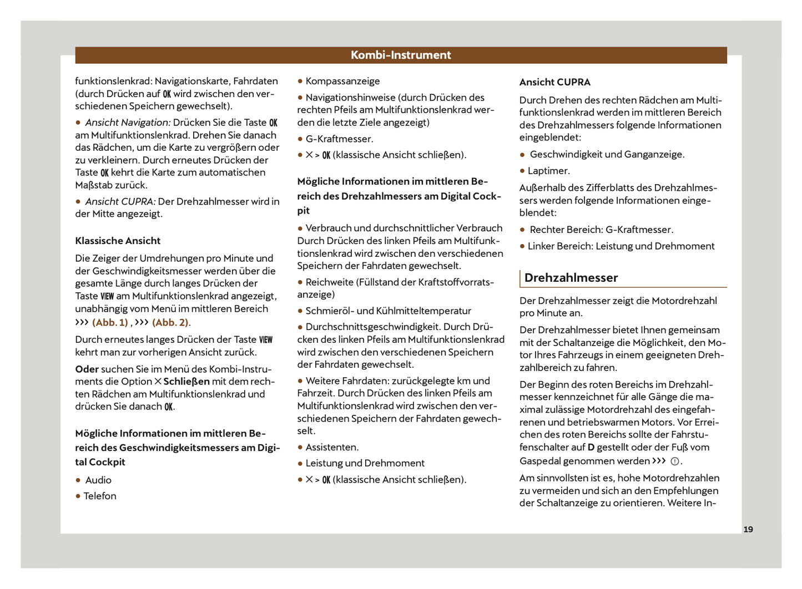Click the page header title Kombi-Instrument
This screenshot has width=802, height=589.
(401, 55)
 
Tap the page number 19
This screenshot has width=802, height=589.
(748, 529)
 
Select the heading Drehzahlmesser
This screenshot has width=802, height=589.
(571, 278)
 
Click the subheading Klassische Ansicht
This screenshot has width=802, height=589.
(118, 241)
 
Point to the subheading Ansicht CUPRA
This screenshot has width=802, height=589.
(554, 82)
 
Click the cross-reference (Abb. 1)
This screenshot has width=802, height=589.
(110, 322)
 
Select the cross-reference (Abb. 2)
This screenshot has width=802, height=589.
(170, 322)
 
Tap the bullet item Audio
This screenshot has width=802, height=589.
(98, 480)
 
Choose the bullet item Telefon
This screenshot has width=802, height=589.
(100, 496)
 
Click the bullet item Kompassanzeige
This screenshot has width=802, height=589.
(342, 81)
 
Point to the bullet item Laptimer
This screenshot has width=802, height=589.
(548, 171)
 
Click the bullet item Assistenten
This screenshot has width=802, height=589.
(332, 447)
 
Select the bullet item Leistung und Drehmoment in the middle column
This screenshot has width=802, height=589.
(365, 463)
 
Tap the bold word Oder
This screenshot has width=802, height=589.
(87, 369)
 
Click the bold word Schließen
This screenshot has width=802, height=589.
(186, 382)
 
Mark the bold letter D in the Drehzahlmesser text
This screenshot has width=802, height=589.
(591, 447)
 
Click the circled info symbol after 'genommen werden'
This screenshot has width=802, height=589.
(675, 461)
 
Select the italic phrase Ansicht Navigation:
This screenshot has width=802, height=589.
(128, 123)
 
